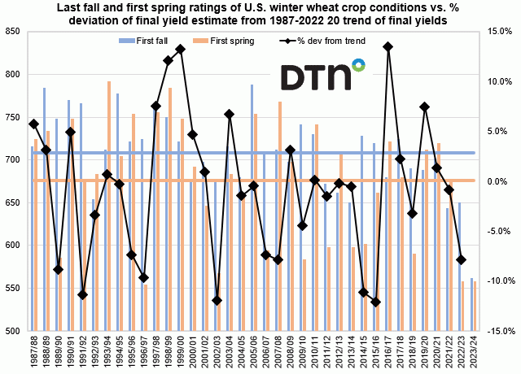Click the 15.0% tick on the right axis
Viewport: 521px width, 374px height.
pos(498,32)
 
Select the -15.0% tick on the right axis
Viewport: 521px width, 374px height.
pos(497,331)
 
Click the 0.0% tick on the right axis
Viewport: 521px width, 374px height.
pos(498,181)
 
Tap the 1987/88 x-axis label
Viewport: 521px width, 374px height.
pos(33,354)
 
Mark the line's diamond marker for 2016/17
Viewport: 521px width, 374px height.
pos(388,46)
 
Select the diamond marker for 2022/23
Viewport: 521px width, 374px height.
pos(462,259)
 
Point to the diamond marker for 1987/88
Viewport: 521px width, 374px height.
pos(33,124)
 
